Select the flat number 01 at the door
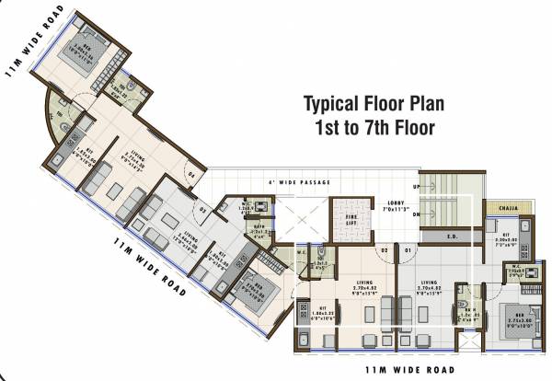point(408,248)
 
